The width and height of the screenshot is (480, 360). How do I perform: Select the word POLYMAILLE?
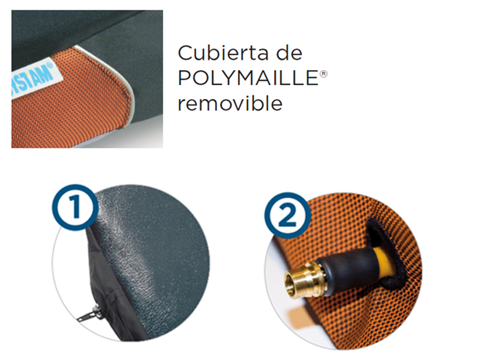245,79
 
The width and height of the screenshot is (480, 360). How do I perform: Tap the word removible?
230,103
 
